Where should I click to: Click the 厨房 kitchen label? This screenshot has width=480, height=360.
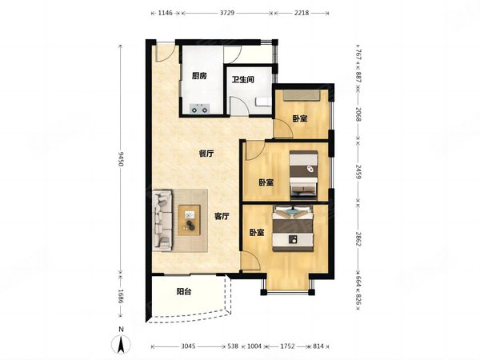(x=199, y=76)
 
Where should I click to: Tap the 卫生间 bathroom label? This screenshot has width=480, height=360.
(x=242, y=79)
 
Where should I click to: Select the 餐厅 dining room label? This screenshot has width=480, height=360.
(x=206, y=154)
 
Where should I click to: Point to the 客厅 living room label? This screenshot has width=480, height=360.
(x=222, y=217)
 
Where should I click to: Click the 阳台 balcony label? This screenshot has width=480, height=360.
(x=184, y=292)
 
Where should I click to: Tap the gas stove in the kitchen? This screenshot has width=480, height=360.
(x=199, y=109)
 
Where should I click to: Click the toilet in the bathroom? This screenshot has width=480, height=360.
(x=263, y=102)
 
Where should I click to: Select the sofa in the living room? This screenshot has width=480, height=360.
(x=162, y=221)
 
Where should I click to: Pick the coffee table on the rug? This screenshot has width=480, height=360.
(x=189, y=221)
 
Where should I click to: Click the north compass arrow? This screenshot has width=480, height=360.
(x=122, y=343)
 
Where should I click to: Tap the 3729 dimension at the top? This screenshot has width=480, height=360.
(x=227, y=13)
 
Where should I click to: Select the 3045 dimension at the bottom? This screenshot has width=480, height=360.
(x=188, y=346)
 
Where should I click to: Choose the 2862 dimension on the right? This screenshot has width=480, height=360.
(x=358, y=238)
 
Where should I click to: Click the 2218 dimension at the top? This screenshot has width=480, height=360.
(x=302, y=13)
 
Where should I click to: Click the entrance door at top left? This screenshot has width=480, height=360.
(x=166, y=53)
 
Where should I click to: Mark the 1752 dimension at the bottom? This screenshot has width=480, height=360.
(x=287, y=346)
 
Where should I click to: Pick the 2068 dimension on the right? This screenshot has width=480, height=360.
(x=358, y=114)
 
